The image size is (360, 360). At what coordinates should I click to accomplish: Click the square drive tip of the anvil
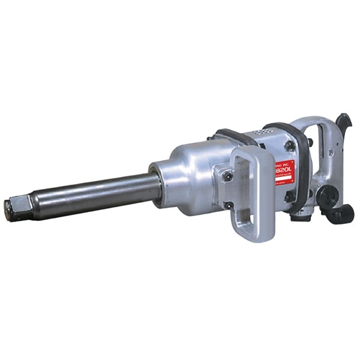click(13, 208)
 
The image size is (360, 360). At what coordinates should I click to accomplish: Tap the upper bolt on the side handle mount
click(227, 176)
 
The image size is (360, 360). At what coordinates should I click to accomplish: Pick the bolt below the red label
click(289, 196)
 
